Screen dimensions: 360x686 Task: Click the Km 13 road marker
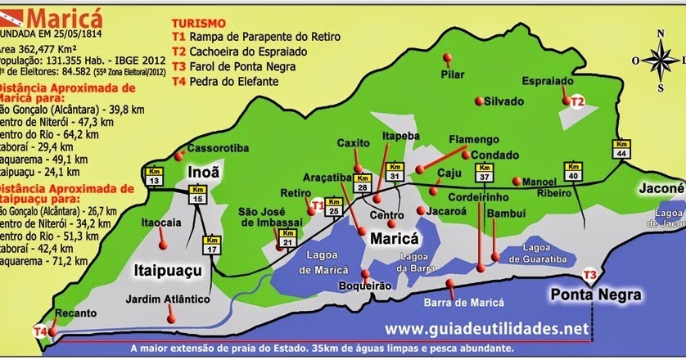tap(155, 175)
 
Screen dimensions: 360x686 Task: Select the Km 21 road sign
tap(287, 238)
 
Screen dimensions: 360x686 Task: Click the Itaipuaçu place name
tap(167, 268)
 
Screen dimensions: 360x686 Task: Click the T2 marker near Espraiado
tap(577, 101)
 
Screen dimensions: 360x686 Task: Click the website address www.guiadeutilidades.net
tap(486, 328)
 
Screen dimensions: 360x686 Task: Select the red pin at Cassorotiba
tap(178, 155)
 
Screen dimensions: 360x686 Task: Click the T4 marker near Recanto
tap(40, 331)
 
